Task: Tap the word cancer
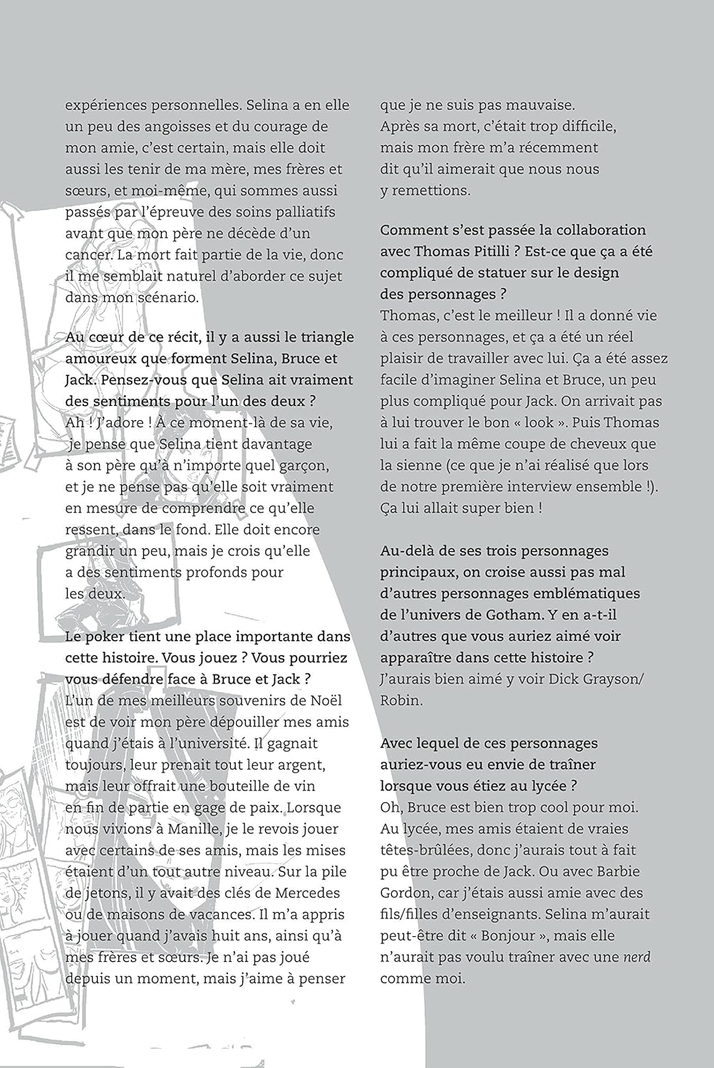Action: pyautogui.click(x=88, y=255)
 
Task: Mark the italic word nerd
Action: pyautogui.click(x=636, y=957)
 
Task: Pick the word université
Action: pyautogui.click(x=247, y=743)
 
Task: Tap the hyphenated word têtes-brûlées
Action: pyautogui.click(x=425, y=850)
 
